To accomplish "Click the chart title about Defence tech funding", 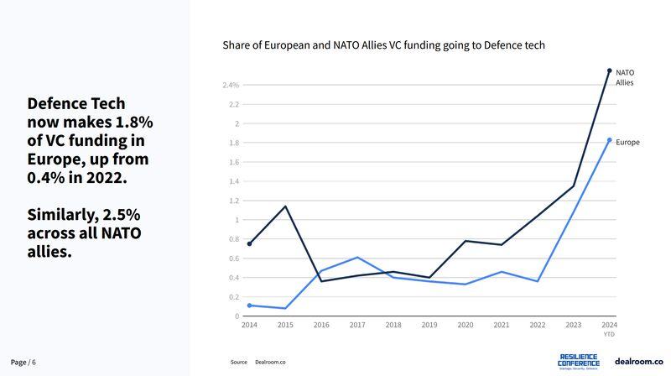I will click(383, 45).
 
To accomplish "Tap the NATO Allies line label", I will click(625, 78).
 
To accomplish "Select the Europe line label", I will click(627, 143).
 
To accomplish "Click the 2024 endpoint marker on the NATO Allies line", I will click(610, 70).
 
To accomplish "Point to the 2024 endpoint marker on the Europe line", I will click(610, 140).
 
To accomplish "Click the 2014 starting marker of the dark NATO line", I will click(250, 244).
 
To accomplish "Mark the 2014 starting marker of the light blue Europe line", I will click(250, 305).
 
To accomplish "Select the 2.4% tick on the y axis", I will click(231, 86).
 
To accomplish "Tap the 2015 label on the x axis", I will click(286, 325).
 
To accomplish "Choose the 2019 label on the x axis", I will click(429, 325).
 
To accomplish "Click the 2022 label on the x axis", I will click(538, 325).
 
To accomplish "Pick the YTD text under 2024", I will click(609, 334).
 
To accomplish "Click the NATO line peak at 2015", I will click(286, 206).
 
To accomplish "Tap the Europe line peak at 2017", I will click(357, 258).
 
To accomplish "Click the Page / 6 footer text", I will click(23, 362).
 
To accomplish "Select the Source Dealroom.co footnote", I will click(258, 362).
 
